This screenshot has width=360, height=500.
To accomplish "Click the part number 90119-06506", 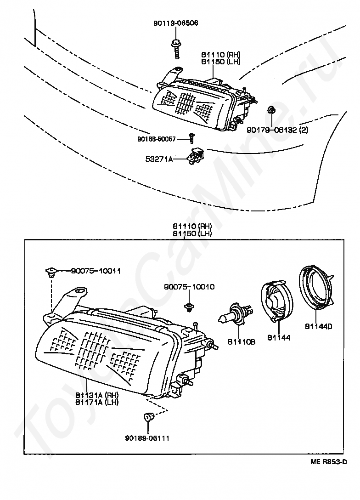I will [x=175, y=23].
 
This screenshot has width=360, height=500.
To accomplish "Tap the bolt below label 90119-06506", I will [x=176, y=49].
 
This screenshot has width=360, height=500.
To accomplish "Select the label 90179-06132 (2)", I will [x=277, y=130].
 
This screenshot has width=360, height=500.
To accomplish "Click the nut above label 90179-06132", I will [x=271, y=110].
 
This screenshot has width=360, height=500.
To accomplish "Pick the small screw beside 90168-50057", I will [x=192, y=137].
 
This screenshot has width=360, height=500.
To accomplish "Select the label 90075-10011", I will [x=96, y=271].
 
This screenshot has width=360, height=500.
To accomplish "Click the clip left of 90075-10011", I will [x=51, y=273].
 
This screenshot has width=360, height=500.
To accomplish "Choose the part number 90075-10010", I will [x=189, y=287].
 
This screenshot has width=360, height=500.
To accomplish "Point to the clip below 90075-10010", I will [x=188, y=307].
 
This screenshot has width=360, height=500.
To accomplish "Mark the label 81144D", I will [x=318, y=327].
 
